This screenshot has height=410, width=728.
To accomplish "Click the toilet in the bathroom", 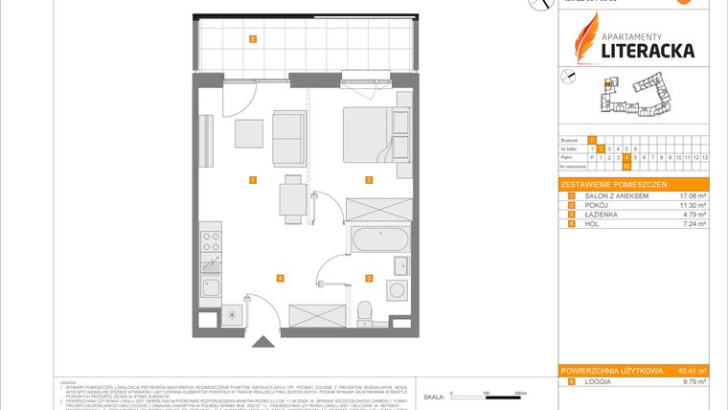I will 363,311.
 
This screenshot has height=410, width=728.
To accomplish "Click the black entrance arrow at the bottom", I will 261,342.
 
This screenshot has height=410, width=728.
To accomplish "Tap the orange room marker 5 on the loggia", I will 252,39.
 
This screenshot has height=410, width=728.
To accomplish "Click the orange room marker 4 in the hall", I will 280,279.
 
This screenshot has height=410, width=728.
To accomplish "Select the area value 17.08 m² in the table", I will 692,195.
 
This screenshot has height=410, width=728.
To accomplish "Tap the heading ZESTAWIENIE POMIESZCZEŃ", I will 613,184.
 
